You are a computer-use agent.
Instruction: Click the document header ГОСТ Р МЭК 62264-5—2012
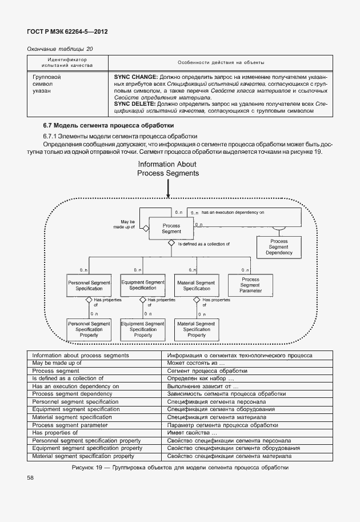(x=67, y=31)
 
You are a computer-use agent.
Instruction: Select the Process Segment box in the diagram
(x=171, y=228)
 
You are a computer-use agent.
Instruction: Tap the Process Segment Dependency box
(x=279, y=246)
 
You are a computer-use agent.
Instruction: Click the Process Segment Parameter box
(x=249, y=285)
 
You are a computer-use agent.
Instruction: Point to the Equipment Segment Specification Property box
(x=143, y=329)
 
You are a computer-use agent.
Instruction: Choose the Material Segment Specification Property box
(x=197, y=329)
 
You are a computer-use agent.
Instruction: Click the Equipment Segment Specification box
(x=143, y=285)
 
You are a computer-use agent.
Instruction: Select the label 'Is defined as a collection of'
(x=203, y=244)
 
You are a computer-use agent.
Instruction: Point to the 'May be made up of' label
(x=128, y=224)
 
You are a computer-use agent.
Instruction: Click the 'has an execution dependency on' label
(x=233, y=212)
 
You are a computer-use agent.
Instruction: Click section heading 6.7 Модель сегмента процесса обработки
(x=109, y=125)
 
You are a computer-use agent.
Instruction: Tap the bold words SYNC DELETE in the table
(x=135, y=104)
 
